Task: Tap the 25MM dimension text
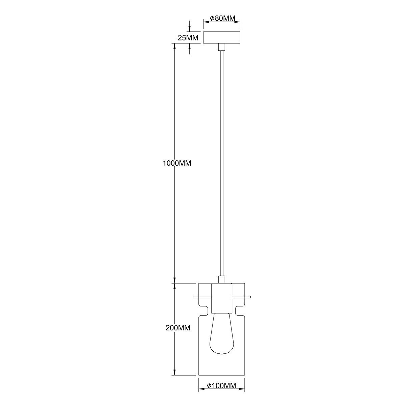[188, 37]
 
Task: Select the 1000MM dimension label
[177, 163]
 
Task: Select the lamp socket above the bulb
[221, 298]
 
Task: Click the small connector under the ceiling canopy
[221, 47]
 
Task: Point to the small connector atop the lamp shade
[221, 279]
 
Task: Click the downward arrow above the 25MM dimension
[189, 29]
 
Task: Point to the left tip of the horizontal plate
[193, 297]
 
